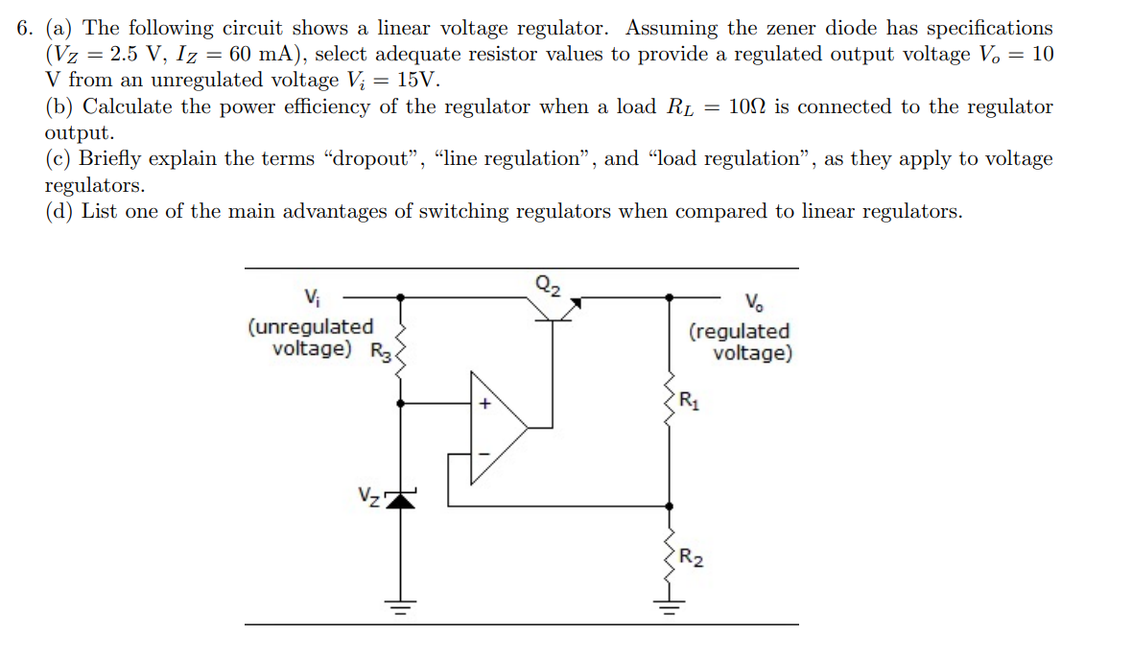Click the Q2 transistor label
pos(550,284)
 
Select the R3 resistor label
pos(381,351)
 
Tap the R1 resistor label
pos(689,401)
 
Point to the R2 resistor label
pos(691,557)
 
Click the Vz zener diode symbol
pos(401,499)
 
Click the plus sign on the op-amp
pos(485,405)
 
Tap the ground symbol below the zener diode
pos(401,606)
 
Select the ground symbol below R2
pos(669,606)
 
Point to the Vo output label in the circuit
pos(755,305)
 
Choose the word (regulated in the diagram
pos(740,331)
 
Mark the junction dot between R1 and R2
pos(669,505)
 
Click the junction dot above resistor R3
pos(401,297)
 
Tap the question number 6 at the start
pos(25,29)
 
